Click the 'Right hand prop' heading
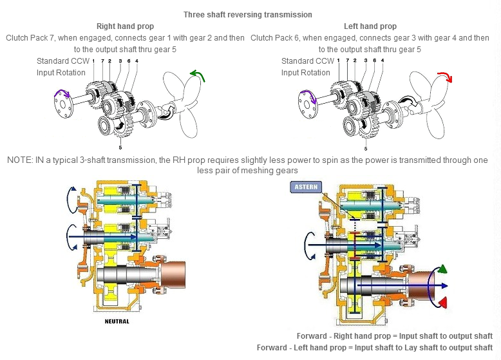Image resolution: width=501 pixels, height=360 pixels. [x=125, y=26]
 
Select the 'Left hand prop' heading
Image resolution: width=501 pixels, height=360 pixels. [x=370, y=26]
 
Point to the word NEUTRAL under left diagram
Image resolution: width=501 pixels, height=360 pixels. [x=117, y=321]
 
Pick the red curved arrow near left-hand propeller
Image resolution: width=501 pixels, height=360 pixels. [x=444, y=79]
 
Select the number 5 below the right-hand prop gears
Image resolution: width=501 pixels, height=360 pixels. [x=121, y=147]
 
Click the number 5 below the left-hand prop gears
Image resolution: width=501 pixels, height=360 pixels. [x=366, y=147]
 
